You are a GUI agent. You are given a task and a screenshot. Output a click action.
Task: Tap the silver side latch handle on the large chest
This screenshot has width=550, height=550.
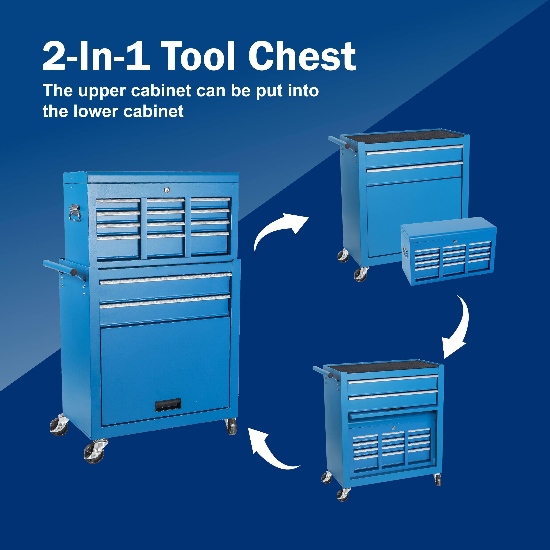point(75,213)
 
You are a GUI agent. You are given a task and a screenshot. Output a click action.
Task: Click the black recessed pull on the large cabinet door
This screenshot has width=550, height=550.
point(168,405)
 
